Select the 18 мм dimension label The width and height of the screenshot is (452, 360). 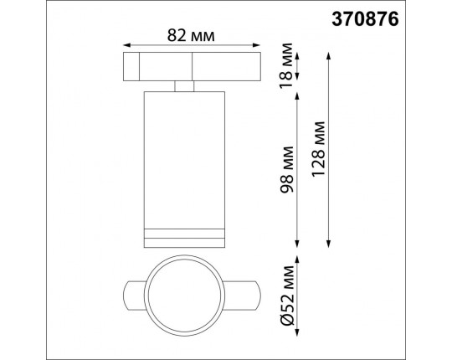pyautogui.click(x=287, y=65)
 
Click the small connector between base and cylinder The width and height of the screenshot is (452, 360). pyautogui.click(x=184, y=85)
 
